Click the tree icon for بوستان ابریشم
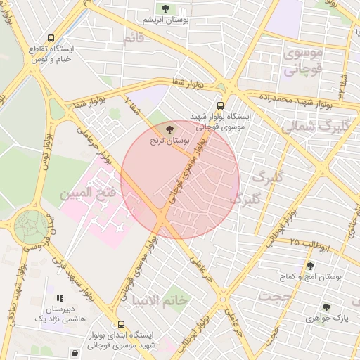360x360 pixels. click(165, 8)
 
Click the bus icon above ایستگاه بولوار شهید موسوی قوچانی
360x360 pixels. click(221, 102)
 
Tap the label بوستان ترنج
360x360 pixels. click(168, 141)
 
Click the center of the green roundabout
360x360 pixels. click(31, 226)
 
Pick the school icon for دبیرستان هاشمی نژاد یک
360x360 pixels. click(60, 298)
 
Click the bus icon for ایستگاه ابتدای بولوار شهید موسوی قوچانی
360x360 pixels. click(122, 325)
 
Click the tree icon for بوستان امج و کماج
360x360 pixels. click(310, 266)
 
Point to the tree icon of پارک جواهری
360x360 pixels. click(326, 307)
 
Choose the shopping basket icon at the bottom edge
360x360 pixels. click(75, 352)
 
